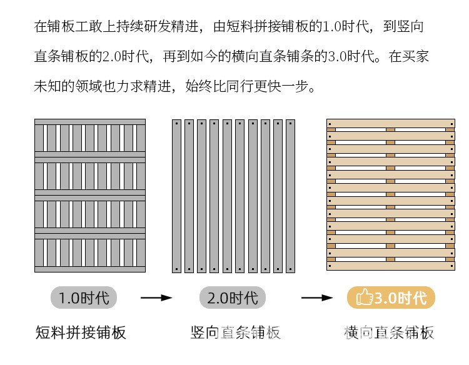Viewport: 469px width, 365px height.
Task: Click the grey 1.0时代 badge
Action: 83,297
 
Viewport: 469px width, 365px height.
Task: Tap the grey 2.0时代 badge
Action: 232,297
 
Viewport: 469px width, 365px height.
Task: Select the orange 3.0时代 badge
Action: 391,298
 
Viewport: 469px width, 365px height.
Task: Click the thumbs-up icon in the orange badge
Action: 364,298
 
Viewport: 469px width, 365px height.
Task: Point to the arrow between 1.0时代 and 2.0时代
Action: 156,298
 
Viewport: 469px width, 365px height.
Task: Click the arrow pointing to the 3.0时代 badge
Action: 316,298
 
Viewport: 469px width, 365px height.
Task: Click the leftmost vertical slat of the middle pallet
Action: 176,196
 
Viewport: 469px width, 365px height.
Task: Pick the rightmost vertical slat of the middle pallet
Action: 290,196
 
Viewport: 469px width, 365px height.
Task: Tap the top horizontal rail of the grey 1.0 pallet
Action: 90,122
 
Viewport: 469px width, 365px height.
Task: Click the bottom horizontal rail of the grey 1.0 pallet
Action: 90,269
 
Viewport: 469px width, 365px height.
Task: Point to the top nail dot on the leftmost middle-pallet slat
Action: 176,123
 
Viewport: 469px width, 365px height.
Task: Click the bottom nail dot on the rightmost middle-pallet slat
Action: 290,269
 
